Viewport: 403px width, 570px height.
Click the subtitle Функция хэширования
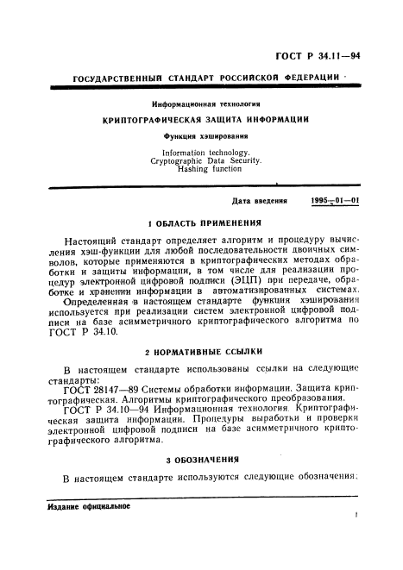tap(205, 136)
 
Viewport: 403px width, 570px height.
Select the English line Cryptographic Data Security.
tap(205, 161)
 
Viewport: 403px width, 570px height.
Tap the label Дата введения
tap(260, 201)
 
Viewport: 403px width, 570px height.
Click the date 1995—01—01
tap(336, 201)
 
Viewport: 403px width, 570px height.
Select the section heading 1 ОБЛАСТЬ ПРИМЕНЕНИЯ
tap(205, 223)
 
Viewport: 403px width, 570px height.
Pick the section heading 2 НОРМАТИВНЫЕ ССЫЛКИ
tap(204, 354)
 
